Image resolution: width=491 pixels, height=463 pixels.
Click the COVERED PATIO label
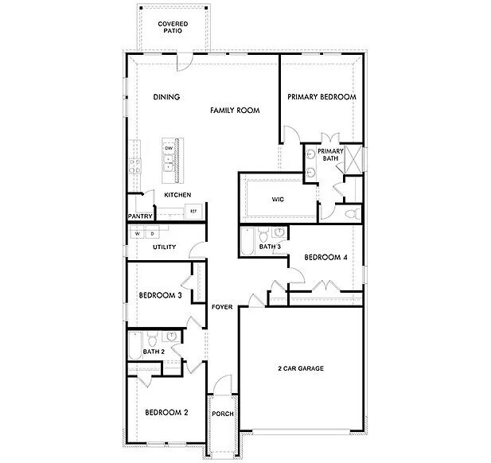tap(173, 29)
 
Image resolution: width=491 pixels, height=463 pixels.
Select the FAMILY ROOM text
tap(235, 111)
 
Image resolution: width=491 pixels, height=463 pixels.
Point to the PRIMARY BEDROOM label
tap(321, 97)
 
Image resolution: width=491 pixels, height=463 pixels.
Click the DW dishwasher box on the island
tap(169, 148)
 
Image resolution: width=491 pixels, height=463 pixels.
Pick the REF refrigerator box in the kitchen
tap(193, 211)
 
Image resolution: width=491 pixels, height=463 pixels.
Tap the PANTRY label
tap(140, 216)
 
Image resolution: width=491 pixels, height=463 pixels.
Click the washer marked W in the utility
tap(138, 234)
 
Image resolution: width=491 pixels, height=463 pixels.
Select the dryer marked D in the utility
tap(152, 234)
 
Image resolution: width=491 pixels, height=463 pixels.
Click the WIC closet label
tap(278, 199)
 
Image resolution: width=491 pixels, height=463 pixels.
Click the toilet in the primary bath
tap(351, 213)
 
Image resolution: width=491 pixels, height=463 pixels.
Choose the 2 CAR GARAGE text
tap(300, 368)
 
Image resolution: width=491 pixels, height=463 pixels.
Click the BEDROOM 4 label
tap(325, 256)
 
